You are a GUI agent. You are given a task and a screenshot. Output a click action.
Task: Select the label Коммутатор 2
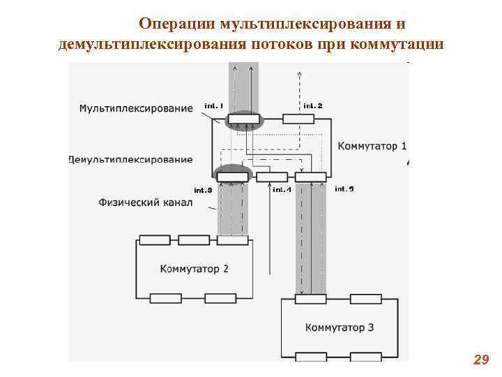(194, 268)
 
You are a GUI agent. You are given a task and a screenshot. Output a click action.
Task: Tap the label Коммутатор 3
(340, 327)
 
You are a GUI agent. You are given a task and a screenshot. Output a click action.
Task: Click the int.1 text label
(213, 105)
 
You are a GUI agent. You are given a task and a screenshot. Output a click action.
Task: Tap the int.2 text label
(313, 105)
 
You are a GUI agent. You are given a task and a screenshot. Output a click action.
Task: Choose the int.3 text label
(203, 190)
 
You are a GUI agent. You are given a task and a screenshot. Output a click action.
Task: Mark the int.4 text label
(282, 189)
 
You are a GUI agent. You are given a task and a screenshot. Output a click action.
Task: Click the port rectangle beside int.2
(298, 119)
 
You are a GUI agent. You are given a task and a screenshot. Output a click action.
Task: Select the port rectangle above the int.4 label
(272, 177)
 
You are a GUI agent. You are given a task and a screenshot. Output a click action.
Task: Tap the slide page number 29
(480, 360)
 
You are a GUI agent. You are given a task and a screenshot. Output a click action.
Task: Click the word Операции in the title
(176, 24)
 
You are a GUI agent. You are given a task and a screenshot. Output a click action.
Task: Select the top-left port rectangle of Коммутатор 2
(154, 241)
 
